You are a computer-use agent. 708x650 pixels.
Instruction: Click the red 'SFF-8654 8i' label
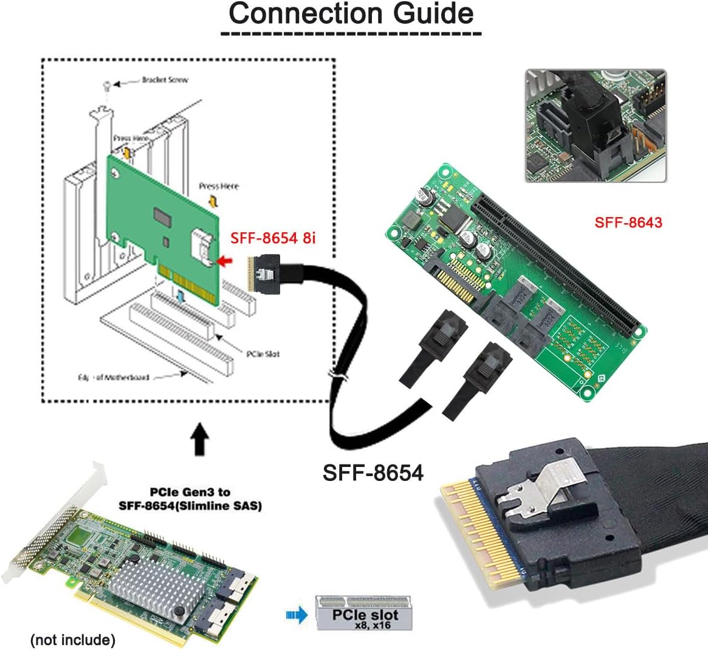pos(273,238)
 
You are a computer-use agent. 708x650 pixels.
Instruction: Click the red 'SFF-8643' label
pos(628,223)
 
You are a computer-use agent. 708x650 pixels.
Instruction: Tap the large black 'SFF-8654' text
pos(373,472)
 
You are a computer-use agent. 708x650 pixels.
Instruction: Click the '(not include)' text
pos(72,640)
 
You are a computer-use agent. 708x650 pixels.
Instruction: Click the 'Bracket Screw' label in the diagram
pos(164,80)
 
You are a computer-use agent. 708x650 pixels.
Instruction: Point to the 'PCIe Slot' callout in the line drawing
pos(263,354)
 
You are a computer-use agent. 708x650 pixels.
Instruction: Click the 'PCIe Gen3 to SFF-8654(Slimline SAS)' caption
pos(190,498)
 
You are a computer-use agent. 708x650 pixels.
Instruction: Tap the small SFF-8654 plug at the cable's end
pos(263,276)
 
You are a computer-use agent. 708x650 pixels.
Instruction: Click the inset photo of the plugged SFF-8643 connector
pos(596,126)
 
